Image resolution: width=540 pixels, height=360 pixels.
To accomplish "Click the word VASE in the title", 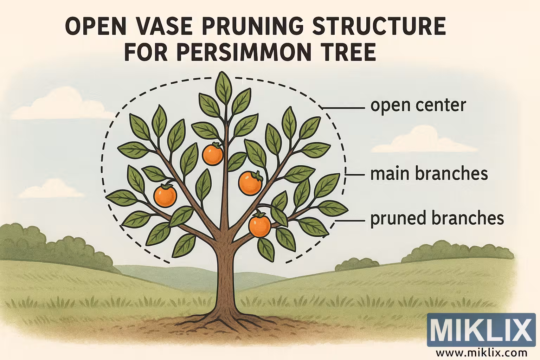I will coord(152,27).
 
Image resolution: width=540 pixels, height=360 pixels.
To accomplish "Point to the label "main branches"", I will coord(429,174).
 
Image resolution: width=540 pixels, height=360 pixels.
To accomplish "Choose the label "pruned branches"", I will coord(437,218).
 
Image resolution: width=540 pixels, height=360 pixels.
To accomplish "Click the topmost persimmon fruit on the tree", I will coord(213,154).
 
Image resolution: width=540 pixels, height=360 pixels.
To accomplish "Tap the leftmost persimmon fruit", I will coord(165,195).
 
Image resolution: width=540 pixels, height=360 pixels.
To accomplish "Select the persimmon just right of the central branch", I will coord(250,182).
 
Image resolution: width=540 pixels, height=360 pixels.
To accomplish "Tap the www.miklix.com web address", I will coord(482,352).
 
